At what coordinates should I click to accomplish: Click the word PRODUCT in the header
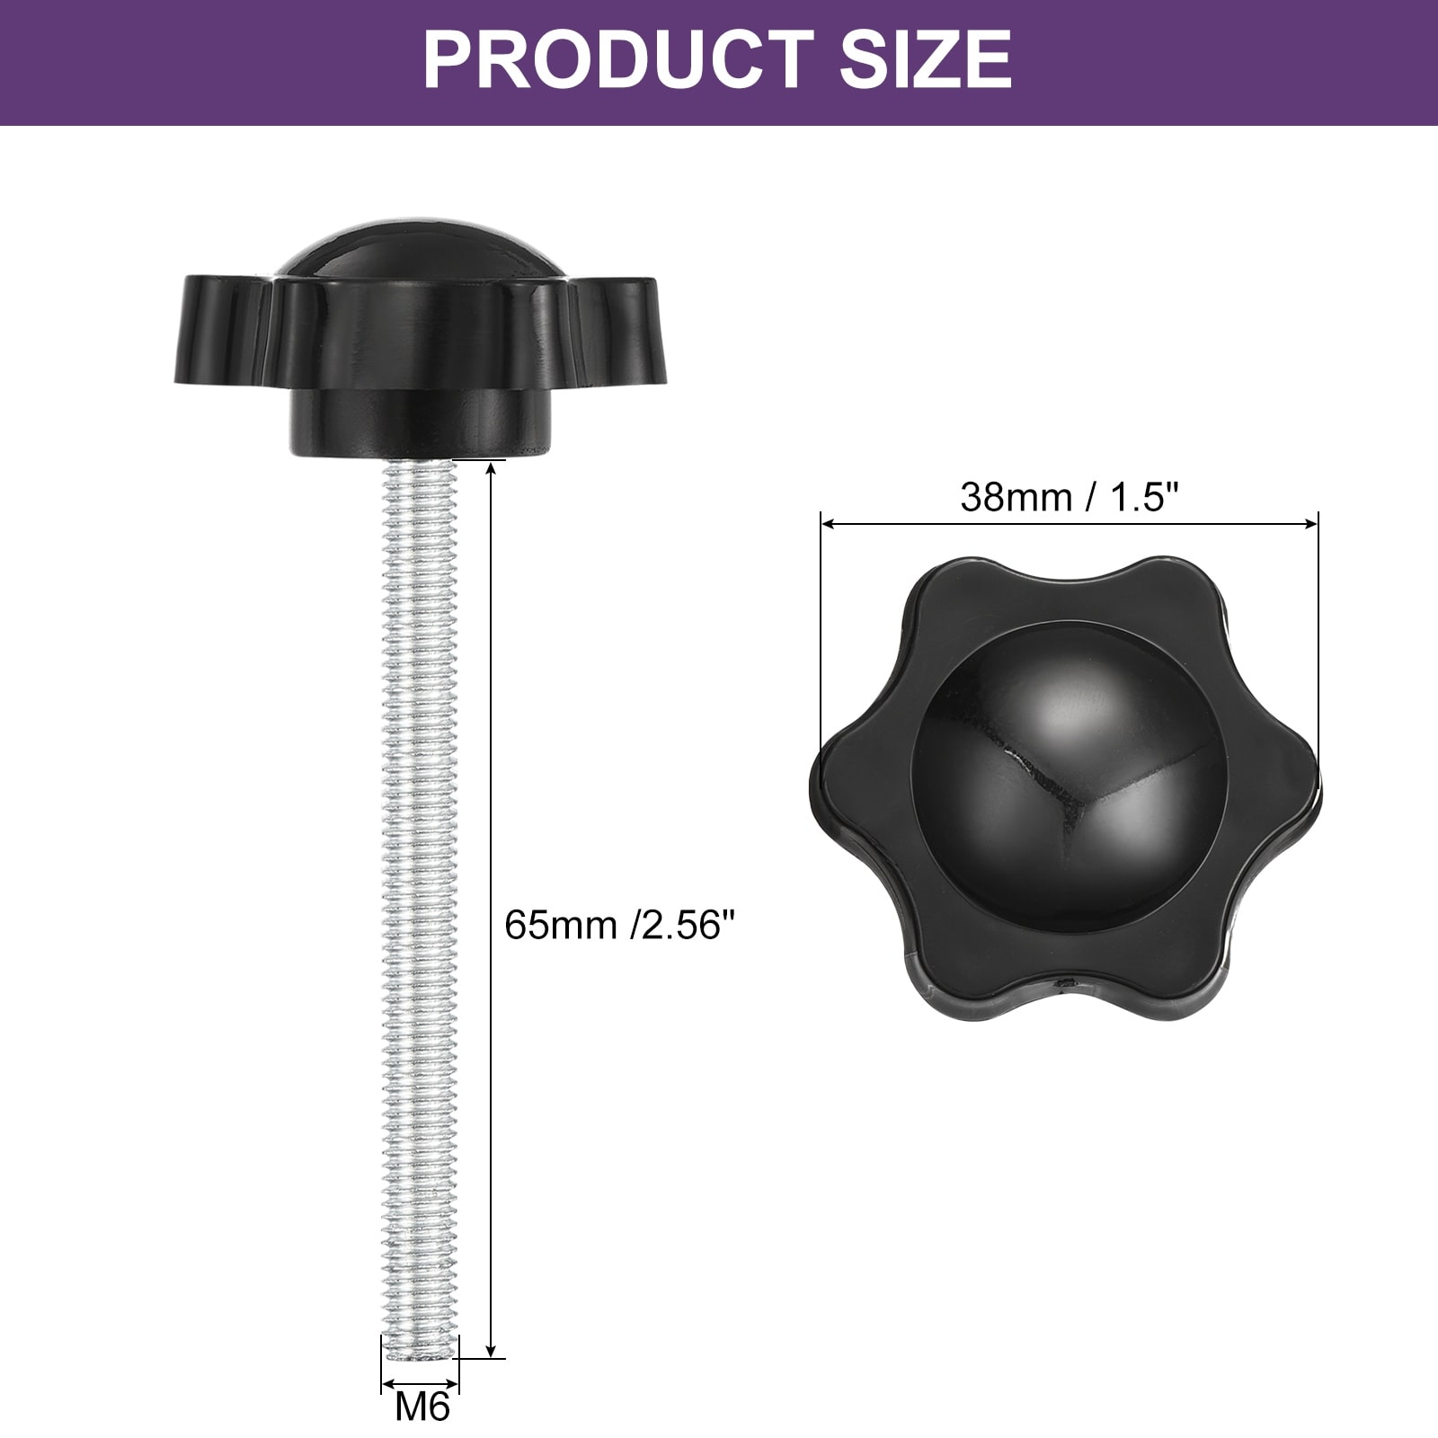619,59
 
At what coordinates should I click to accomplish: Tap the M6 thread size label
422,1407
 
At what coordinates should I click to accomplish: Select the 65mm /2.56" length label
626,924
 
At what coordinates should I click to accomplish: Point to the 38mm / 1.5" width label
1070,496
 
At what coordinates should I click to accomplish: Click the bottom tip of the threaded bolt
420,1358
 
